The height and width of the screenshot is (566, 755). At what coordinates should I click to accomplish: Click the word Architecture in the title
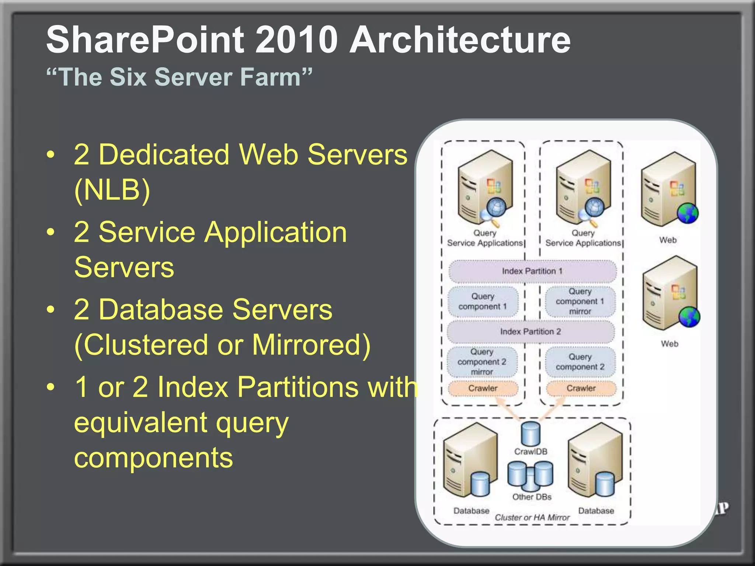coord(460,40)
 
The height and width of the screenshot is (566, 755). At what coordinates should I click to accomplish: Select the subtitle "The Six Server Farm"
coord(179,77)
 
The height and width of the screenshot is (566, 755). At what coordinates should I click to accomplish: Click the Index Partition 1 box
coord(532,271)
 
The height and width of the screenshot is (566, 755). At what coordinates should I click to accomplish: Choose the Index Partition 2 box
coord(530,332)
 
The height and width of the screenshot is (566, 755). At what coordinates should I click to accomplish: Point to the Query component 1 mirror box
coord(580,301)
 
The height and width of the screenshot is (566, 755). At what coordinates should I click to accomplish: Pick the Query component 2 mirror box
coord(482,362)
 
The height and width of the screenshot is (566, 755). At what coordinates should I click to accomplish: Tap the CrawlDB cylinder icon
coord(530,434)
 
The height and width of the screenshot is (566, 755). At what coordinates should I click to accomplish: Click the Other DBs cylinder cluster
coord(530,476)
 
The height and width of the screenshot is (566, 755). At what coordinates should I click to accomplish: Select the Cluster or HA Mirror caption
coord(532,517)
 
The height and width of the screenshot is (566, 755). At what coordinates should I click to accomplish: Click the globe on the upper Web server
coord(688,213)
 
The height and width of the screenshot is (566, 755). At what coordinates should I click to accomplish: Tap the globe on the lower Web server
coord(689,317)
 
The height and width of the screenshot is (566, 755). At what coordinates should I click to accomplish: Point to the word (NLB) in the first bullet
coord(112,190)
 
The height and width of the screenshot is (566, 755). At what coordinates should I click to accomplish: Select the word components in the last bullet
coord(153,458)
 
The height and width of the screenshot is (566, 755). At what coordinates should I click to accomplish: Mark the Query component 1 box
coord(483,301)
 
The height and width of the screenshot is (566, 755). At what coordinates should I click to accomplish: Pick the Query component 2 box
coord(580,362)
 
